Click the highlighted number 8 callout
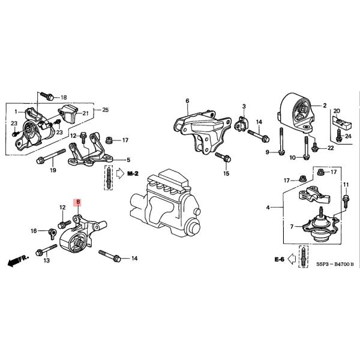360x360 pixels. click(x=77, y=203)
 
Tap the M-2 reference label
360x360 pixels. click(x=133, y=174)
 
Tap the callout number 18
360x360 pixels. click(x=64, y=97)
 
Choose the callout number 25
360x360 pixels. click(x=106, y=110)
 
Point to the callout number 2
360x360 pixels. click(x=324, y=106)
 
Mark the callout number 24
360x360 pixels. click(x=350, y=136)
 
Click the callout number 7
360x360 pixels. click(x=292, y=227)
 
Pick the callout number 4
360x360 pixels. click(x=268, y=208)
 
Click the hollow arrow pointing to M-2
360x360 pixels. click(x=119, y=174)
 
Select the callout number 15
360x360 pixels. click(x=226, y=174)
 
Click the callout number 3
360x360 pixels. click(x=244, y=107)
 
